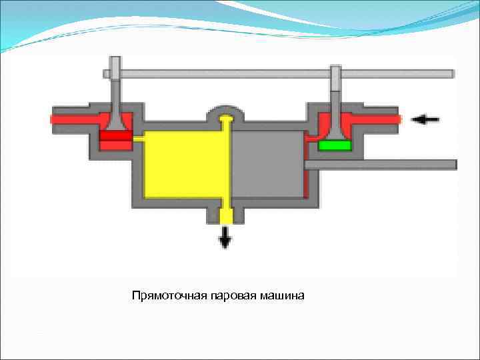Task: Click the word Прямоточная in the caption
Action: [x=170, y=295]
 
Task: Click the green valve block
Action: [x=335, y=145]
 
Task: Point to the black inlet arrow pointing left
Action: [x=425, y=119]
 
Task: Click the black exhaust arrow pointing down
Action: [x=225, y=237]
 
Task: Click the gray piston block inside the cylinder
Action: [x=267, y=164]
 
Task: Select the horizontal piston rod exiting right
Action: [x=380, y=164]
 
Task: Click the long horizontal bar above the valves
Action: [x=280, y=73]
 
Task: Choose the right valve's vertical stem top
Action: [x=336, y=75]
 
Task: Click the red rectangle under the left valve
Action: [x=115, y=136]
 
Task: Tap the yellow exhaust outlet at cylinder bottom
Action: [x=225, y=215]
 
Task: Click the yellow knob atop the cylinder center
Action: [x=226, y=119]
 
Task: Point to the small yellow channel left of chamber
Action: [x=139, y=139]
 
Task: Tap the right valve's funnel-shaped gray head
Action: [x=336, y=123]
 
